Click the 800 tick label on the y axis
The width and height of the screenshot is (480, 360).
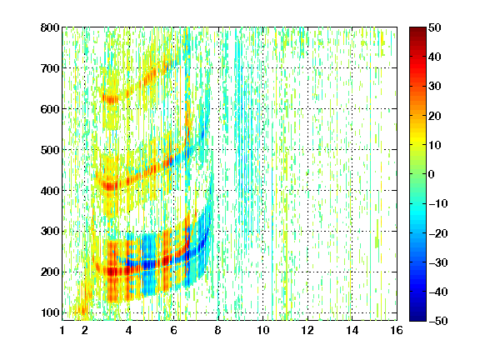50,27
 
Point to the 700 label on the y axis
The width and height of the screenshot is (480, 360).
50,68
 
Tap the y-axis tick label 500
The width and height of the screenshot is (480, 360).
50,150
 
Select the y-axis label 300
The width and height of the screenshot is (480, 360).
50,232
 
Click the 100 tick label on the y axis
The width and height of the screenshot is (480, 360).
50,312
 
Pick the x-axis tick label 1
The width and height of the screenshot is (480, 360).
62,330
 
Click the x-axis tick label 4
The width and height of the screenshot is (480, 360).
129,330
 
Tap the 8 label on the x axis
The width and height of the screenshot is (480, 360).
218,330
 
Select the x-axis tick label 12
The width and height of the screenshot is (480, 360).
307,330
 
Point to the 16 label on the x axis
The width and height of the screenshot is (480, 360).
397,330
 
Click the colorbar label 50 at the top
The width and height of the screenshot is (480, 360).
435,27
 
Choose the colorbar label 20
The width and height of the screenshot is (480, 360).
435,116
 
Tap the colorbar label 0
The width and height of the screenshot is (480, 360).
432,174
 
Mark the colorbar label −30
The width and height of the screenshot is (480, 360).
437,262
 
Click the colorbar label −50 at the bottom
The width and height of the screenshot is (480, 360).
437,321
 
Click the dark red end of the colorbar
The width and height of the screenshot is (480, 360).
417,31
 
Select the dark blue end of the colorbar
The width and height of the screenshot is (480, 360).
417,317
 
